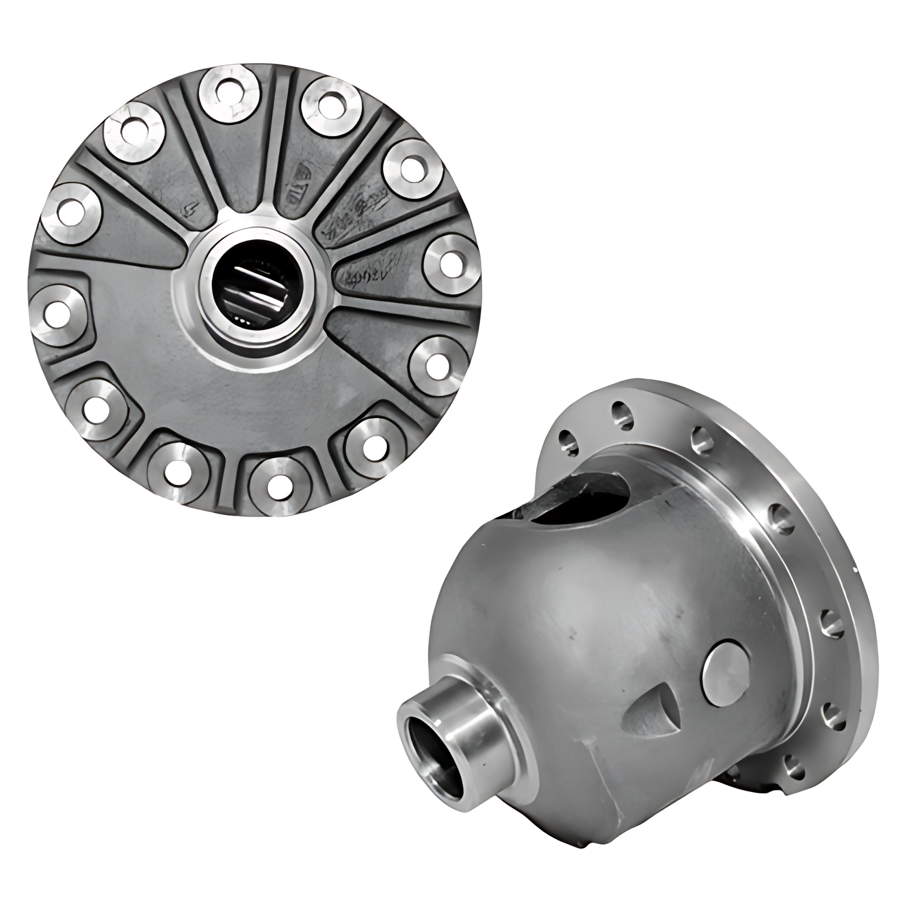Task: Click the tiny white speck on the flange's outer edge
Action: coord(854,569)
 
